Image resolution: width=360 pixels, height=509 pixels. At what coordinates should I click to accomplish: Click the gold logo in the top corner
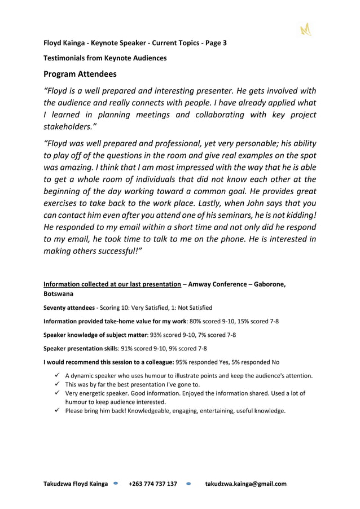click(305, 29)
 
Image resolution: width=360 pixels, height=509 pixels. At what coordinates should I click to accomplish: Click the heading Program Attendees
click(80, 74)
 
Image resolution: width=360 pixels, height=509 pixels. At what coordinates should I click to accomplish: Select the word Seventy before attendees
click(57, 308)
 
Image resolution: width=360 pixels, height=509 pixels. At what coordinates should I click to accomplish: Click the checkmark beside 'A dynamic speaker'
click(58, 375)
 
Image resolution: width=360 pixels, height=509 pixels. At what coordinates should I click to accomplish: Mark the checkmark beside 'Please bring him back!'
click(58, 411)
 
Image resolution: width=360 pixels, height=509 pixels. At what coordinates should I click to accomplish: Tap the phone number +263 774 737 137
click(152, 484)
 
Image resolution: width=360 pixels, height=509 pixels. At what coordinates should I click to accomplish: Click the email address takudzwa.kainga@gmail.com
click(245, 484)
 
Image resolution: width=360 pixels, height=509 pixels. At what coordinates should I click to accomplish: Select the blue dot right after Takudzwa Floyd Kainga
click(116, 484)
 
